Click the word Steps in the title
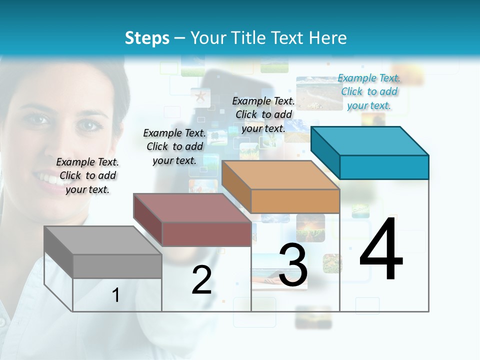tap(147, 38)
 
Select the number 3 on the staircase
tap(293, 265)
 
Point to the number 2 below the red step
tap(201, 280)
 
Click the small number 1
tap(116, 295)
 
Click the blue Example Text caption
tap(369, 91)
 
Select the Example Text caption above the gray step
tap(87, 175)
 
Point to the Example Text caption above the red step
tap(174, 146)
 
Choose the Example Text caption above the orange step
tap(263, 114)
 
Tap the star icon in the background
tap(200, 96)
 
